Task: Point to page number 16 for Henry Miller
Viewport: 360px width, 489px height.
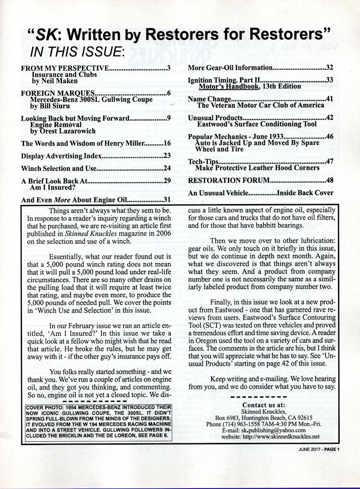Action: pos(166,143)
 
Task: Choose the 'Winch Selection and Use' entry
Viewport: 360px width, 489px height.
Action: pos(59,168)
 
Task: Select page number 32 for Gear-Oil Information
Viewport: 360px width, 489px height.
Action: pos(330,68)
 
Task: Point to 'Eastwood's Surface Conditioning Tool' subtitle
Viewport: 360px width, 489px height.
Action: pos(256,124)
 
